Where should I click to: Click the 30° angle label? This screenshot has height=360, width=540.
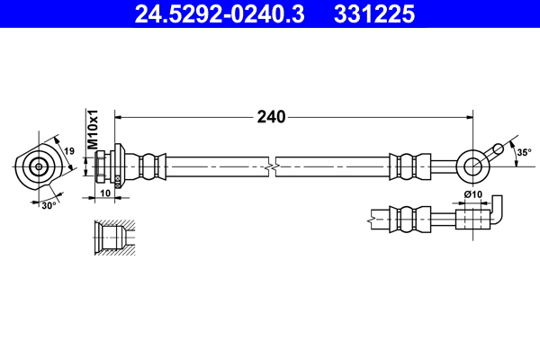(50, 204)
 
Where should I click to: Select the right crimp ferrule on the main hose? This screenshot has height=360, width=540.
(405, 166)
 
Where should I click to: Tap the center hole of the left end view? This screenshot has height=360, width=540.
(39, 166)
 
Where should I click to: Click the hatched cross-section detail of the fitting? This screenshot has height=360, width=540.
(113, 238)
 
